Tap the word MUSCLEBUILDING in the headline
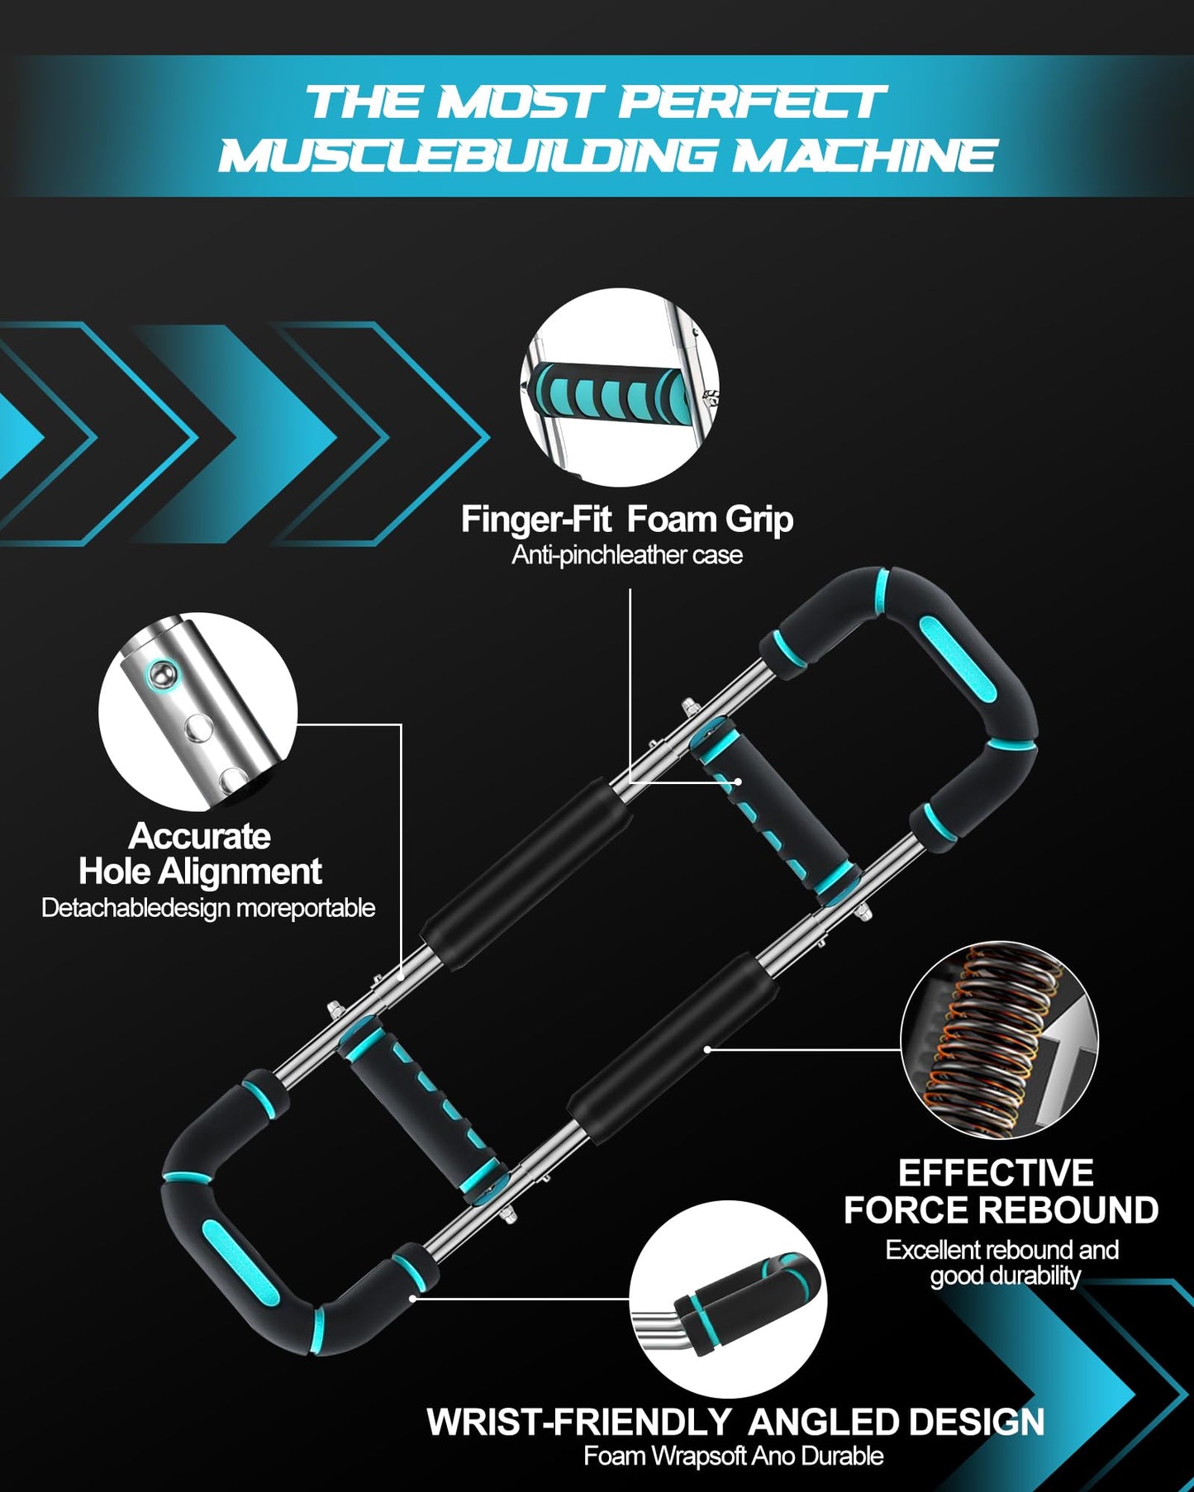[x=468, y=156]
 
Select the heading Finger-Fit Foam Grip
[x=626, y=520]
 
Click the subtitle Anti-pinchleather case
[x=626, y=555]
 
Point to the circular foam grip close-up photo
[x=620, y=387]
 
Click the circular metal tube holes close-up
[x=197, y=711]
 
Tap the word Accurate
[x=199, y=836]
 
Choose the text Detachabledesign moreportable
[x=208, y=908]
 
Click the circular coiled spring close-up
[x=999, y=1040]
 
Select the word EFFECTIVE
[x=996, y=1173]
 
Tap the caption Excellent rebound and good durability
[x=1002, y=1262]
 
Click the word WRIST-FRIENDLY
[x=579, y=1423]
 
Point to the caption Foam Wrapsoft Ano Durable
[x=734, y=1456]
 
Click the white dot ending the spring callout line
[x=707, y=1049]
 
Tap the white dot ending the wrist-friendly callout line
[x=412, y=1298]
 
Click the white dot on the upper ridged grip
[x=738, y=781]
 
